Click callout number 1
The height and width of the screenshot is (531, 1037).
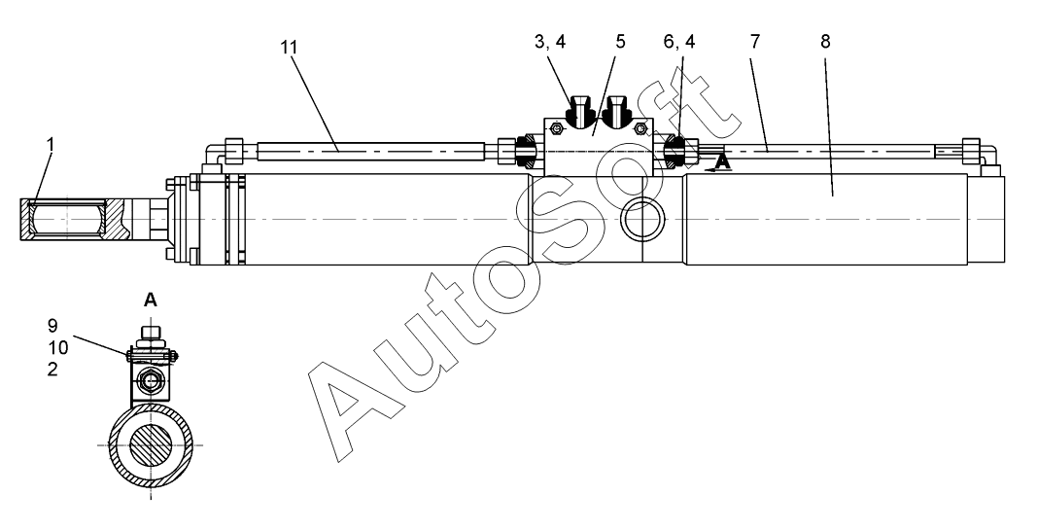click(x=51, y=145)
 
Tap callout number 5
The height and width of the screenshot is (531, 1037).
click(x=619, y=43)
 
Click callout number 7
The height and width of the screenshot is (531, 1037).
click(x=755, y=43)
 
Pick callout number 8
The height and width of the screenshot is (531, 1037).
click(x=825, y=43)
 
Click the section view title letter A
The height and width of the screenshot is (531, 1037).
click(x=151, y=301)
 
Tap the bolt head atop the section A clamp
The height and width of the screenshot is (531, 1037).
click(x=151, y=335)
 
